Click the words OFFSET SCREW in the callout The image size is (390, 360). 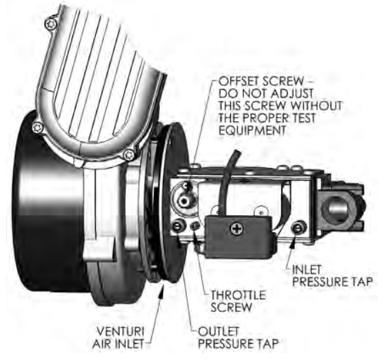tap(261, 81)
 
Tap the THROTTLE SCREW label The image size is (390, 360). tap(238, 301)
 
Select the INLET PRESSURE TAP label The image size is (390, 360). tap(332, 275)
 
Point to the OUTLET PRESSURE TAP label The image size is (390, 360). tap(238, 338)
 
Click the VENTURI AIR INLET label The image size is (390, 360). tap(118, 338)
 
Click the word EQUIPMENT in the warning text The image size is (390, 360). tap(252, 130)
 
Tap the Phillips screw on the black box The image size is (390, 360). tap(237, 228)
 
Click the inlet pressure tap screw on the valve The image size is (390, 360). tap(297, 227)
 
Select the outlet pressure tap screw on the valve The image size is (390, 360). tap(179, 226)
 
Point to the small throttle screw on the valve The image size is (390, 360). tap(195, 226)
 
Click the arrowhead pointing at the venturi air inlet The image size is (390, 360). tap(162, 290)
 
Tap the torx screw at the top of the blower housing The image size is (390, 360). tap(51, 24)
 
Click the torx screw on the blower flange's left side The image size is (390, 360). tap(38, 128)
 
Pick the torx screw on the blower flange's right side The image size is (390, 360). tap(129, 155)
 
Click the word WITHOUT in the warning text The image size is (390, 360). tap(316, 106)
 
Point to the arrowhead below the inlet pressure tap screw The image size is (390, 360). tap(293, 241)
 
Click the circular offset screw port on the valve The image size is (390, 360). tap(184, 197)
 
